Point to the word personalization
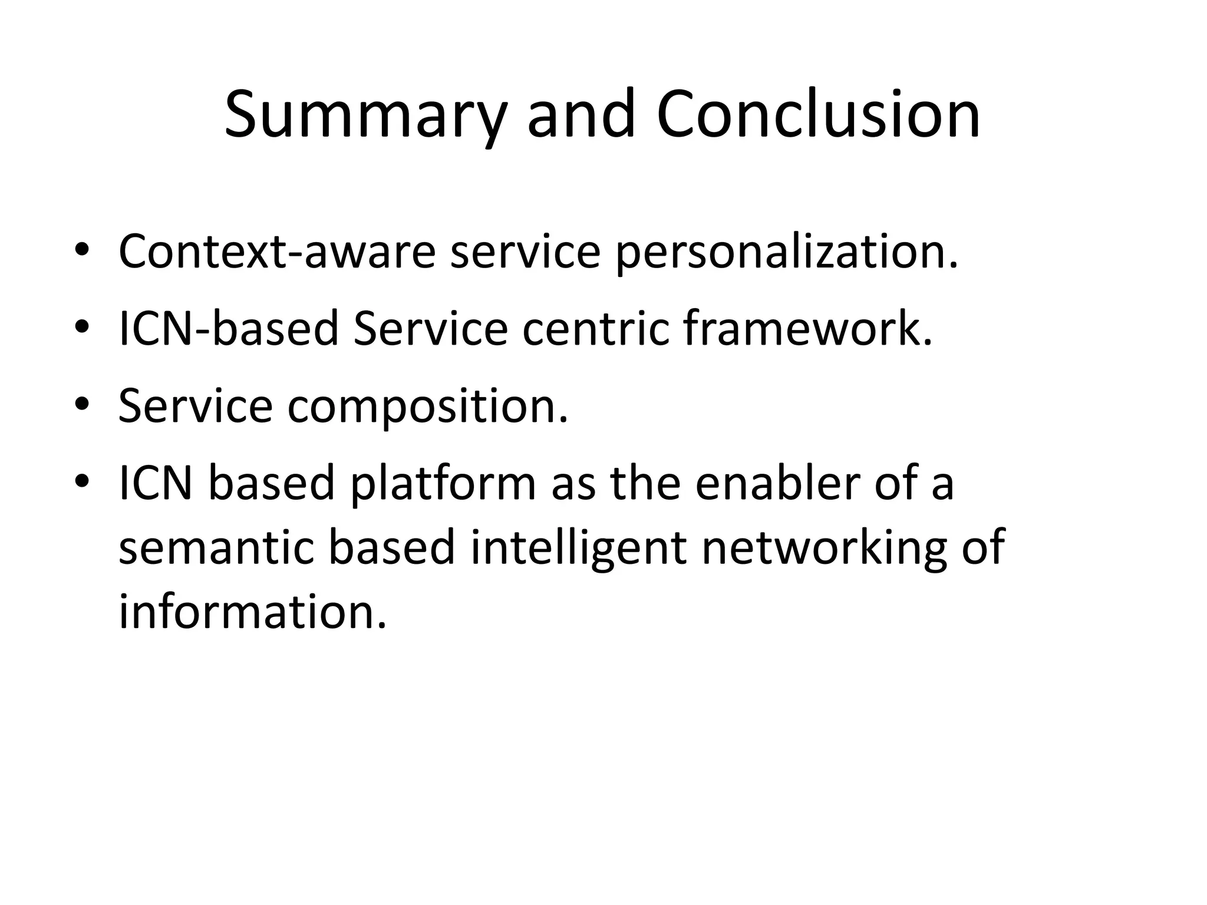[x=787, y=253]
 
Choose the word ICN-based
[x=229, y=328]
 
